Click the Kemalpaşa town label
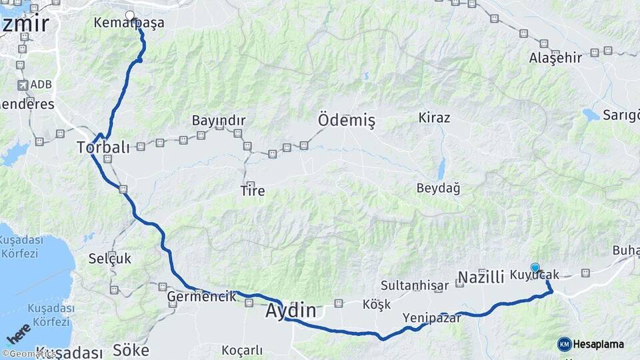point(129,23)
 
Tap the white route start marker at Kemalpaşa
point(129,15)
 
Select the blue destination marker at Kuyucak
point(535,267)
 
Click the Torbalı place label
point(103,147)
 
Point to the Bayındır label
point(219,121)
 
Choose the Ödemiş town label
point(347,121)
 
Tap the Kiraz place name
point(434,118)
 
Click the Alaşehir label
point(555,58)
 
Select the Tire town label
point(252,191)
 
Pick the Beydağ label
point(438,188)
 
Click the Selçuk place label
point(110,259)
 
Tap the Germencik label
point(201,297)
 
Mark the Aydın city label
point(291,310)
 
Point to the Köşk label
point(376,304)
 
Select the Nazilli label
point(481,277)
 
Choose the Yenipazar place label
point(431,318)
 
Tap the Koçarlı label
point(242,350)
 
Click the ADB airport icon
point(23,85)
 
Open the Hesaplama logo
point(591,344)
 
